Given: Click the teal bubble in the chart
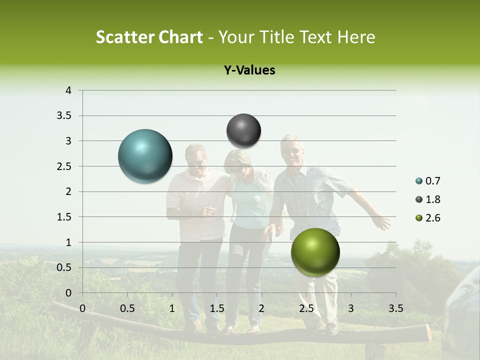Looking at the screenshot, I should [x=145, y=156].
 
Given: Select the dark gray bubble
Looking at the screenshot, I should [x=243, y=130].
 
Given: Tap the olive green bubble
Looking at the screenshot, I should [x=315, y=252].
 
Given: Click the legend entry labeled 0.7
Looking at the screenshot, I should [x=428, y=181].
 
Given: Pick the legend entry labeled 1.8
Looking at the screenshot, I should [x=428, y=199].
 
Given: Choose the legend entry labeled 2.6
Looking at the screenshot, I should [x=428, y=218].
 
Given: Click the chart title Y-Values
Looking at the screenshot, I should [x=249, y=70].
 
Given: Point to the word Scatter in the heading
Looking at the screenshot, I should [x=123, y=37].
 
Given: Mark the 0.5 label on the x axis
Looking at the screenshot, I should [x=127, y=308].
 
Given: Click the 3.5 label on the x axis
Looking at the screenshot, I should [x=395, y=308].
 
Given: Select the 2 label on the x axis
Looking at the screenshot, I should [x=261, y=308].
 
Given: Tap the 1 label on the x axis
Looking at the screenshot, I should [x=172, y=308].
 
